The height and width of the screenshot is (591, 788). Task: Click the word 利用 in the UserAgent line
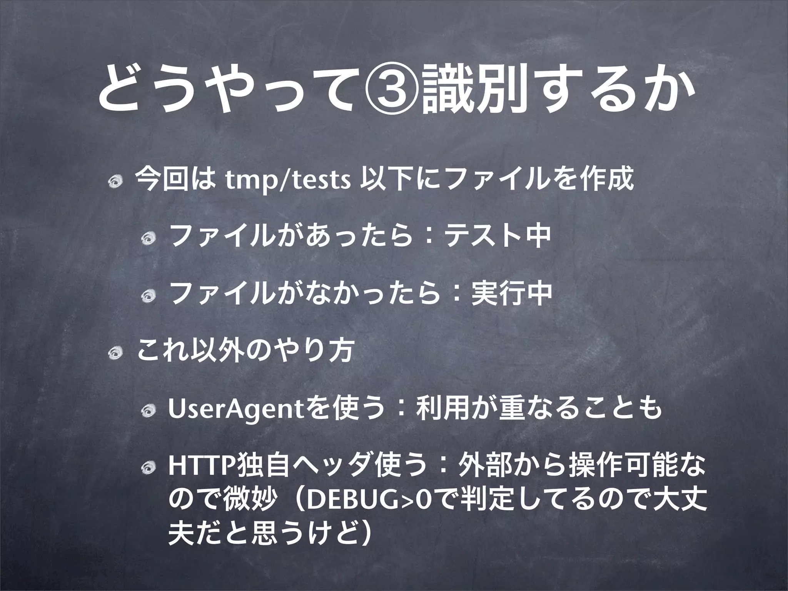pos(434,409)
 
